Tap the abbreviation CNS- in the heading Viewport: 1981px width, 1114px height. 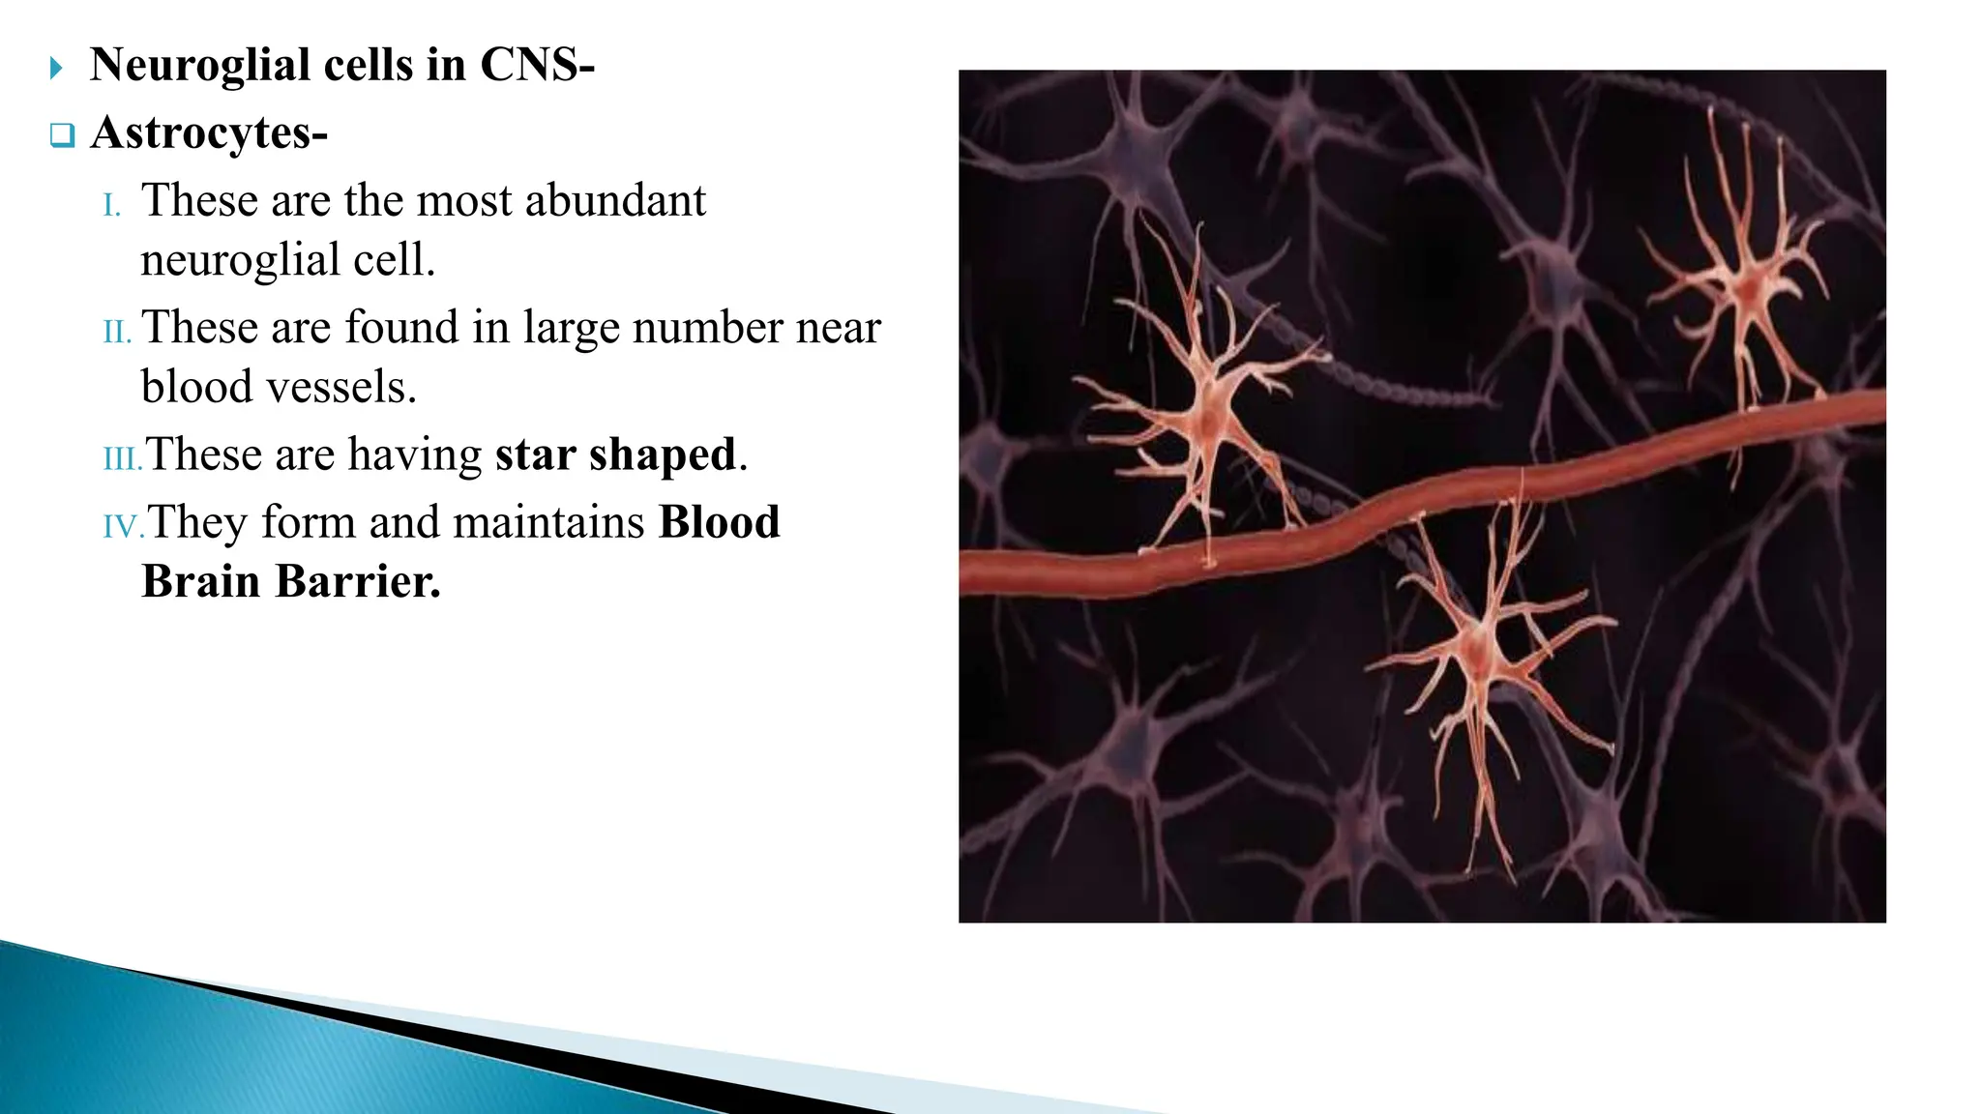(x=537, y=66)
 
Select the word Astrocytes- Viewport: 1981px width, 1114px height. (x=209, y=132)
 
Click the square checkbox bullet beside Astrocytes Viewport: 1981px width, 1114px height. (x=62, y=135)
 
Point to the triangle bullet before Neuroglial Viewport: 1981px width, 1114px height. (x=56, y=68)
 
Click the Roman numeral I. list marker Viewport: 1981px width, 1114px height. (x=112, y=206)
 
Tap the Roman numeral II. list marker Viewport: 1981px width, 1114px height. (x=117, y=332)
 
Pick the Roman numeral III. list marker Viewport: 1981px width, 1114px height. (x=122, y=458)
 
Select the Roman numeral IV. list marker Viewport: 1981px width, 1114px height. (x=123, y=526)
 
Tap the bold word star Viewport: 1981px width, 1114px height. (x=536, y=454)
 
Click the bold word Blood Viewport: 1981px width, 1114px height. (x=719, y=522)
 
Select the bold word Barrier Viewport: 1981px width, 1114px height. (x=357, y=582)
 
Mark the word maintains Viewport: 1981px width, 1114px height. (x=547, y=522)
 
